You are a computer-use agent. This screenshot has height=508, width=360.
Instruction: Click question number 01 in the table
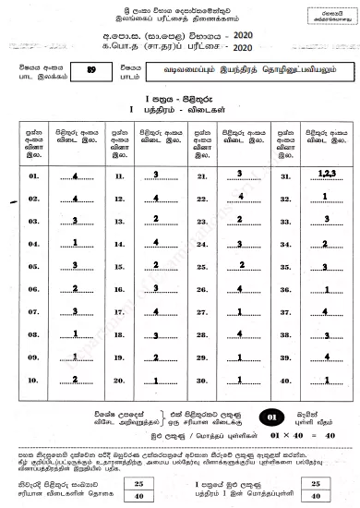point(34,175)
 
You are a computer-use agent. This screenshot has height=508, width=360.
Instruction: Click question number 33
point(285,220)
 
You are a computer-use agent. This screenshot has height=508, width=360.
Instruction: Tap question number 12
point(119,197)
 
